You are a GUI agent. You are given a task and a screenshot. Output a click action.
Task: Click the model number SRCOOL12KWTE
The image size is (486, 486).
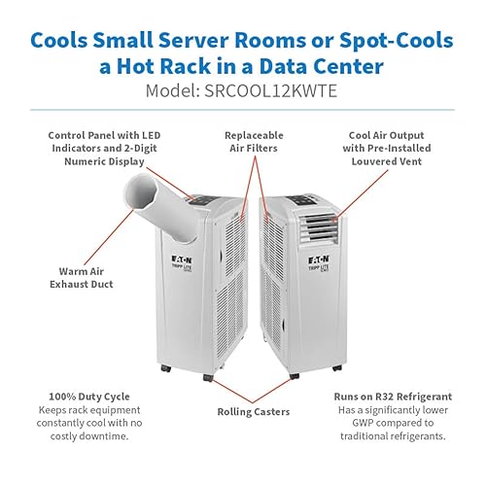pos(270,90)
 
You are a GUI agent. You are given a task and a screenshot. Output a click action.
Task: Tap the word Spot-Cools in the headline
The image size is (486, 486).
pos(397,40)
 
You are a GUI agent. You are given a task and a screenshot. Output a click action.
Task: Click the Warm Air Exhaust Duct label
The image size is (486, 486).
pos(82,278)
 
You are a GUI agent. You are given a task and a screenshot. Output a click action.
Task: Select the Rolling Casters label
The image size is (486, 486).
pos(254,412)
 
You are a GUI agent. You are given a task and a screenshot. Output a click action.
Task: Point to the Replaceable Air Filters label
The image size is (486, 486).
pos(254,142)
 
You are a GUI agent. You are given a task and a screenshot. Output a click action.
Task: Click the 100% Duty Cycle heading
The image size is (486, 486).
pos(89,397)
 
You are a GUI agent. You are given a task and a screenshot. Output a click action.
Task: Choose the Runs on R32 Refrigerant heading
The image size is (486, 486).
pos(393,397)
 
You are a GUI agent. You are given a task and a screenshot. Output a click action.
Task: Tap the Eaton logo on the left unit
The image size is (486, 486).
pos(182,260)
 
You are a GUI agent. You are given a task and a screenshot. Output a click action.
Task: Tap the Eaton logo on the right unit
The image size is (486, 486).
pos(319,260)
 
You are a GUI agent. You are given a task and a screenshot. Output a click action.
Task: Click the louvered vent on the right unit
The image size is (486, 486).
pos(319,229)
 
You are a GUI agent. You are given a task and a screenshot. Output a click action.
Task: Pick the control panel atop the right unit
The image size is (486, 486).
pos(302,200)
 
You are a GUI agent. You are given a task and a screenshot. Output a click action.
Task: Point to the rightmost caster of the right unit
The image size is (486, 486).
pos(337,368)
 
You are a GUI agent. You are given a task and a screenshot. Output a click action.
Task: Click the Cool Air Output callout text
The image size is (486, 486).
pos(387,148)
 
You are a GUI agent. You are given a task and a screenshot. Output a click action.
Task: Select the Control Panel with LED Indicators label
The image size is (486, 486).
pos(104,148)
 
